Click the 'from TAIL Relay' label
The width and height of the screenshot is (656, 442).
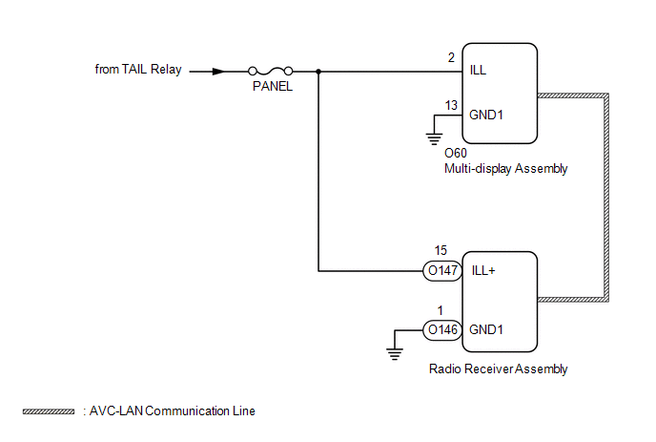click(x=138, y=69)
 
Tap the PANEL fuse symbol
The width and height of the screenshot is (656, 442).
click(x=270, y=71)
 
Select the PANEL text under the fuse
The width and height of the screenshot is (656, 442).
click(x=273, y=86)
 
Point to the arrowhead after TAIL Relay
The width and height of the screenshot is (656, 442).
click(x=218, y=72)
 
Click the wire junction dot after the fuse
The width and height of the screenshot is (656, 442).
click(x=318, y=72)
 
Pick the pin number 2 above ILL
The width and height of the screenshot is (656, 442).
click(x=451, y=57)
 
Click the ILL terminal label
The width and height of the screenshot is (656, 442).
click(x=478, y=70)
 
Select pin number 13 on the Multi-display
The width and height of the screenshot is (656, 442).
click(x=451, y=105)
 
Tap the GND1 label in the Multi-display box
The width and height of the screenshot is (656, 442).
click(x=485, y=115)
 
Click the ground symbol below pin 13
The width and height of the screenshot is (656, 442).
click(x=434, y=138)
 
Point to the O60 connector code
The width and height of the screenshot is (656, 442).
click(x=455, y=153)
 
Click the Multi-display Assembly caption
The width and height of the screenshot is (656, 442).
click(x=505, y=168)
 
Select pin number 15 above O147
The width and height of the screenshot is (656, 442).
click(x=441, y=250)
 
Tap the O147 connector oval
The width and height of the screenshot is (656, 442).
click(x=442, y=271)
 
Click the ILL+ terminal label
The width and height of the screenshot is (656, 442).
click(x=483, y=271)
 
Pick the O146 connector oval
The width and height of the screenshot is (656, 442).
click(x=442, y=330)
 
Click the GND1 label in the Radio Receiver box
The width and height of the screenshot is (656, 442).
click(x=485, y=329)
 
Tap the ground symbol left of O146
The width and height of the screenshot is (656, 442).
click(x=395, y=354)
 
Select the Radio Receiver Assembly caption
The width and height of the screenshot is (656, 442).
click(x=499, y=369)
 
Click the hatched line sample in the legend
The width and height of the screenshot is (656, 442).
click(x=49, y=411)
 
